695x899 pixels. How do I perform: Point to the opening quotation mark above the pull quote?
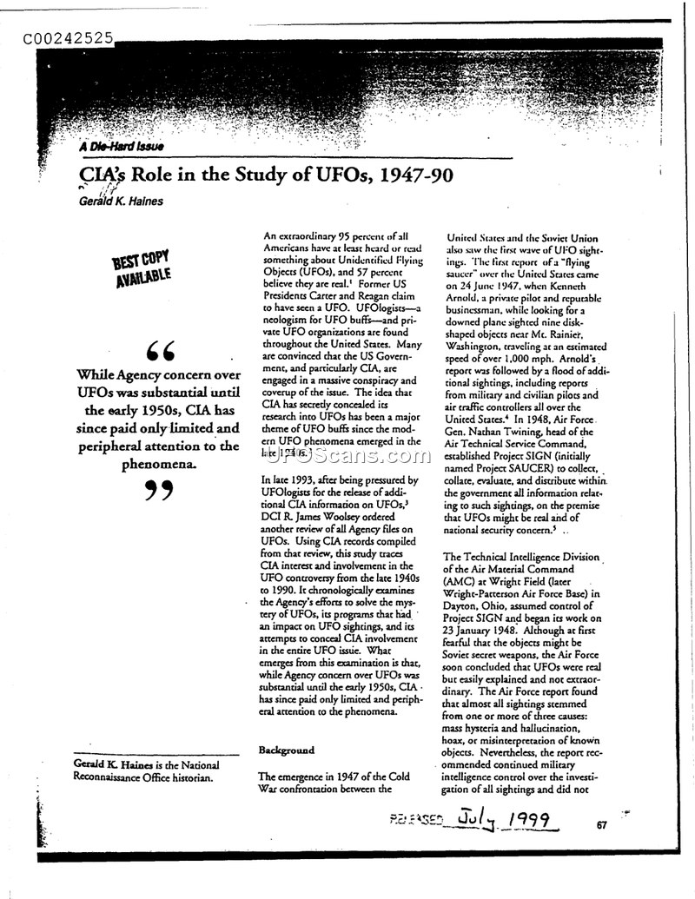coord(160,353)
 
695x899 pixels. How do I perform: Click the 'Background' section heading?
coord(286,750)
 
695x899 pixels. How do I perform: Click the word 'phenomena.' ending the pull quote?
coord(159,464)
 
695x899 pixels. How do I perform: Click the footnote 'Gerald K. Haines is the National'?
coord(147,764)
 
